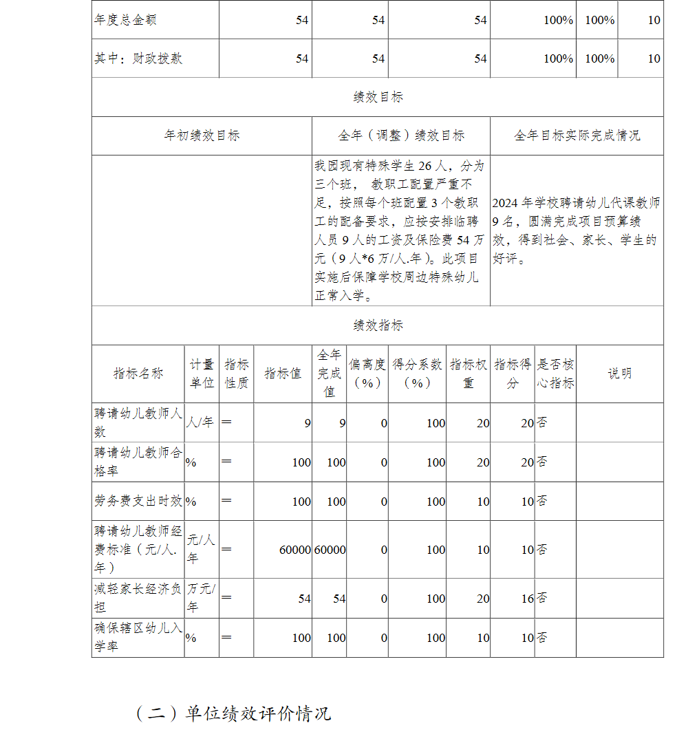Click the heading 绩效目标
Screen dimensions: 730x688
378,97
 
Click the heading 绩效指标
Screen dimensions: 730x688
378,325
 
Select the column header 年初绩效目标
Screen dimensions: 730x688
202,136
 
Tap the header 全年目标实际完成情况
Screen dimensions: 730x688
577,136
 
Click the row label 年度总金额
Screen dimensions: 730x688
125,20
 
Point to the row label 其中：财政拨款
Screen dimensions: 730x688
138,58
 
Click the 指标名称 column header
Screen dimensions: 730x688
138,374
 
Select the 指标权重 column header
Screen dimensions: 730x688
468,374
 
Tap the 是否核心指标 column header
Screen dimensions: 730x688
555,374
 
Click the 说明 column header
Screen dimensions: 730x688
619,374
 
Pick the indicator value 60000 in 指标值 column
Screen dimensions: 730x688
295,550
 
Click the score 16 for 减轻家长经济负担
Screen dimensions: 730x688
527,599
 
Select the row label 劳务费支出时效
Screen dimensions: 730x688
138,501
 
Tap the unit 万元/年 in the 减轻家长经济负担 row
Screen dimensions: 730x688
201,598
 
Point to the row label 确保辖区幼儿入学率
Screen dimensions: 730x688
138,637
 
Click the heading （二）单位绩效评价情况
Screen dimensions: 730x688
233,713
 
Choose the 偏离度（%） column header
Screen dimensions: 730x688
367,374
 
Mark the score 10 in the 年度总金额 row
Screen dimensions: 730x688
654,20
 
